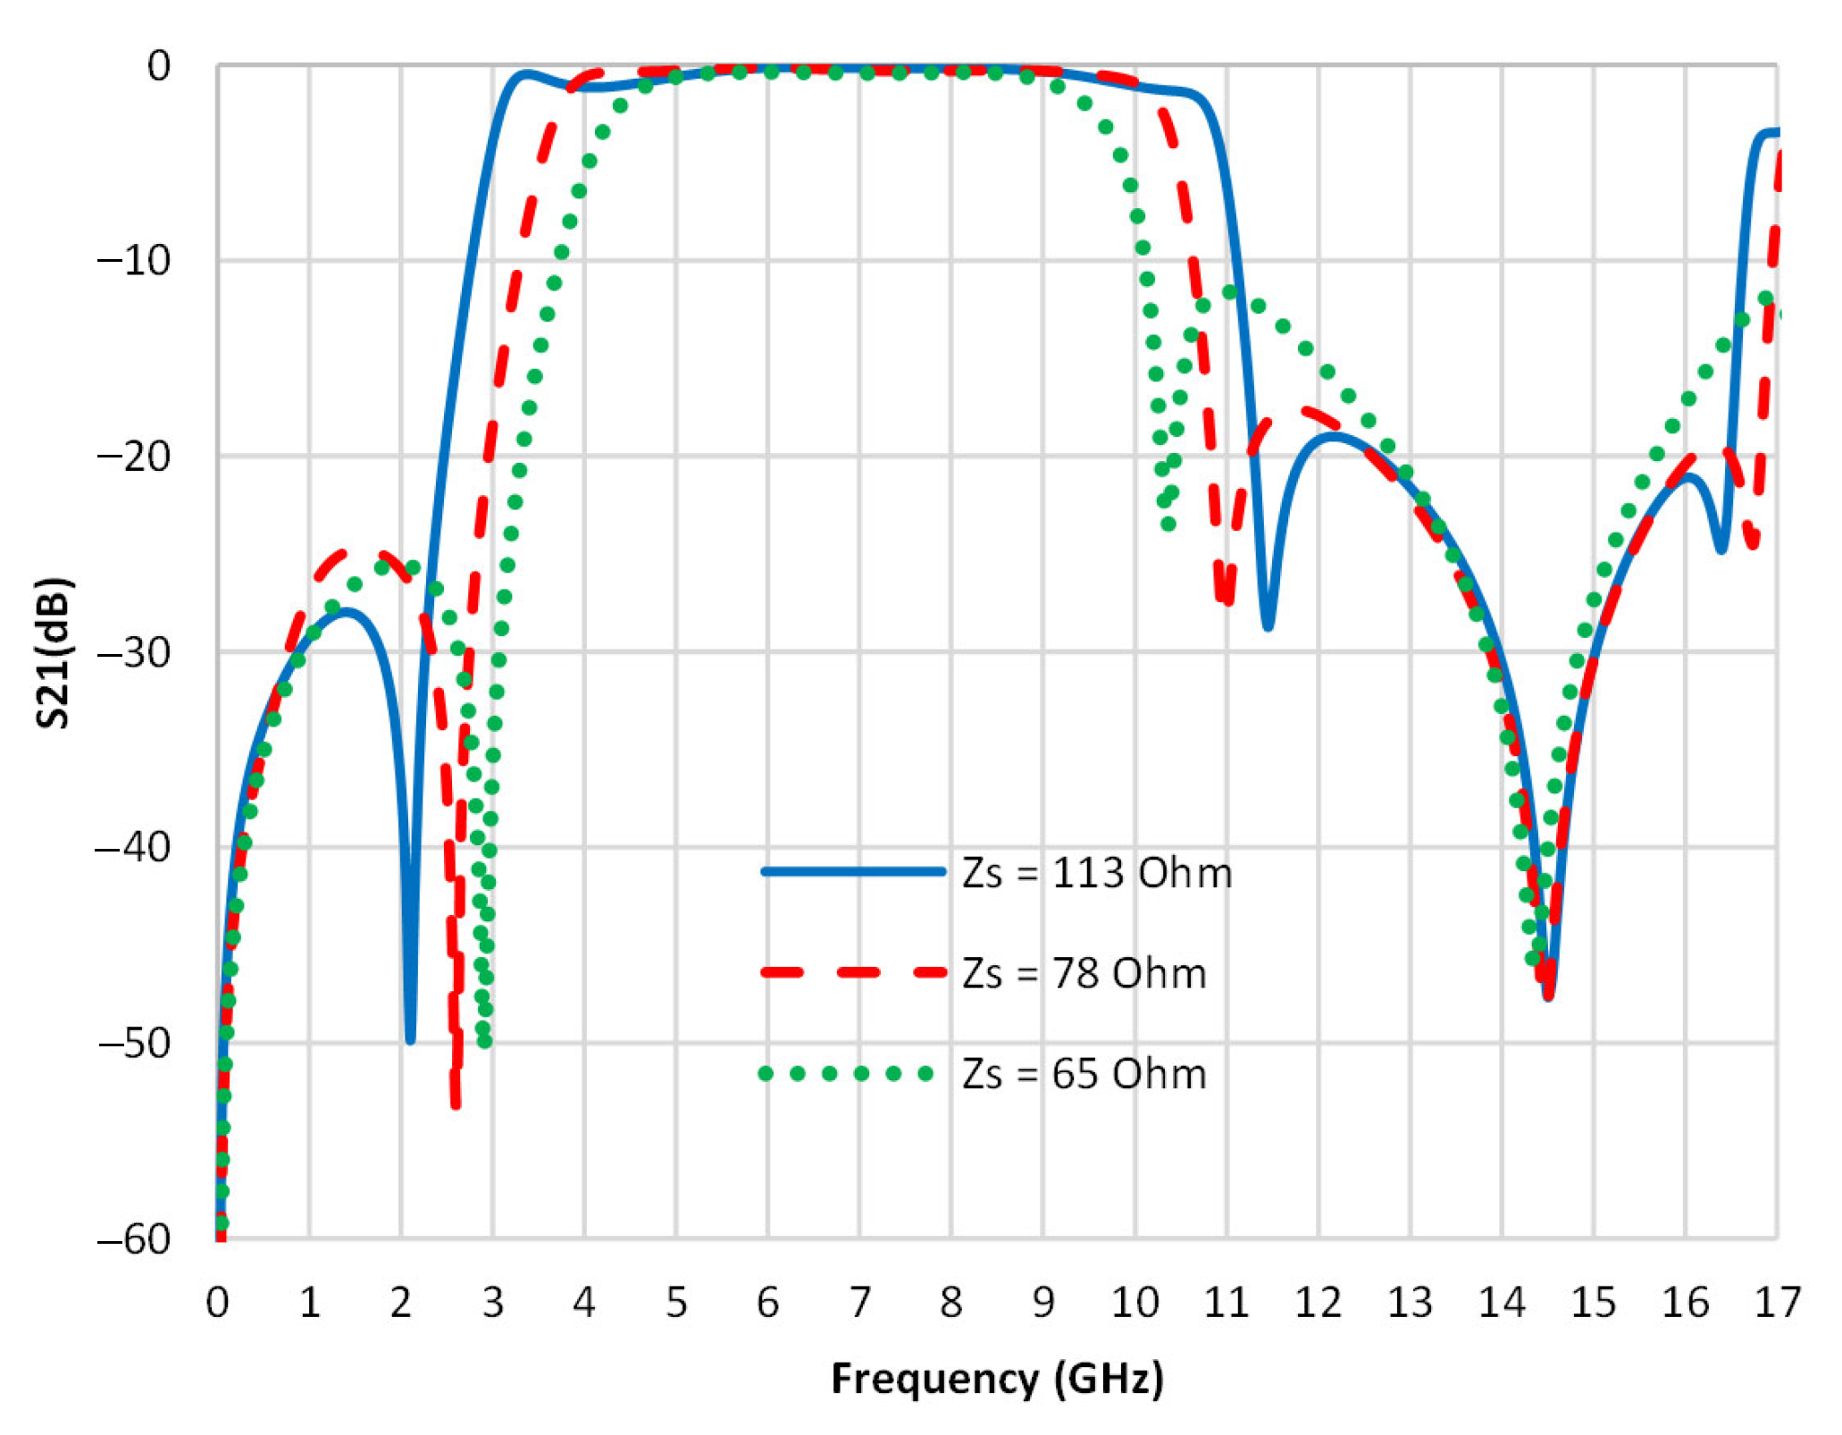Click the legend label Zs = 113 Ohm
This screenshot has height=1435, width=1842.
(1097, 873)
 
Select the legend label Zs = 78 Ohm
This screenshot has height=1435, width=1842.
(1084, 973)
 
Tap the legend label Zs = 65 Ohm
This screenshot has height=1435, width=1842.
(1084, 1073)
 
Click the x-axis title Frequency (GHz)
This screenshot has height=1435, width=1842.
(997, 1378)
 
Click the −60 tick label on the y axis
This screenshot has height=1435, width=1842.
(134, 1239)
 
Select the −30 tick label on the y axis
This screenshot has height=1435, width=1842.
(134, 653)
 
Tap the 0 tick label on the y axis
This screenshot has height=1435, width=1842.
(158, 66)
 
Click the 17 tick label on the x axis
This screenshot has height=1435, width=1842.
(1777, 1303)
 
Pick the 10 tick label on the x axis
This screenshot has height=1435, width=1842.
(1135, 1303)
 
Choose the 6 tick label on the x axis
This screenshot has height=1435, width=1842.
(767, 1303)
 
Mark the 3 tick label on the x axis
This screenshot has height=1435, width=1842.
(492, 1303)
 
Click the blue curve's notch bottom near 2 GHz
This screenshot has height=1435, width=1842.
(410, 1039)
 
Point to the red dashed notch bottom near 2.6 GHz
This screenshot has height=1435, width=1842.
(456, 1104)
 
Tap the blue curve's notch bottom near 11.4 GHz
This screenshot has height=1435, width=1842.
(1268, 626)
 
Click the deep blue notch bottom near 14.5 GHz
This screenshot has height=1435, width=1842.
(1548, 995)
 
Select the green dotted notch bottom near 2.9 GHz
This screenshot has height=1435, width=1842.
(484, 1041)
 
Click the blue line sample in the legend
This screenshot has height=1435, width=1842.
(853, 871)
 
